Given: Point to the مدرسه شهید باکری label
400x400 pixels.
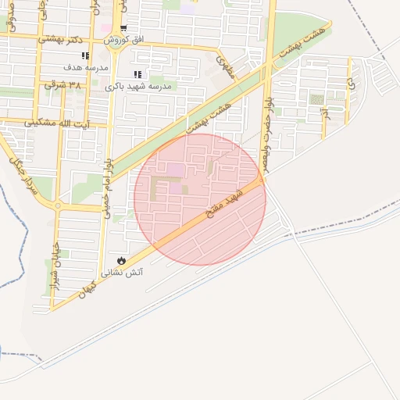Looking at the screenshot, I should point(139,86).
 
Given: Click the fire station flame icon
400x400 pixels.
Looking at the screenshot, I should point(121,259).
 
